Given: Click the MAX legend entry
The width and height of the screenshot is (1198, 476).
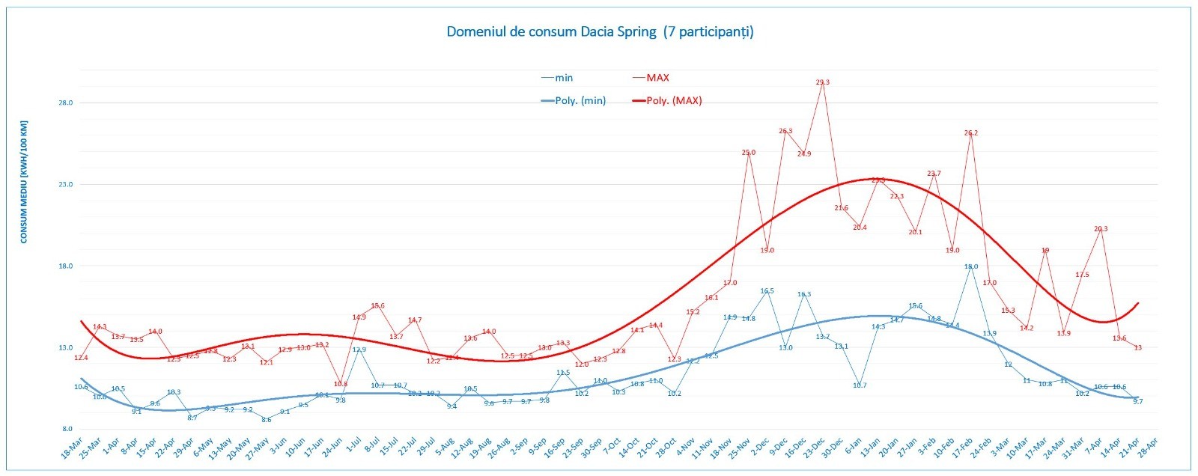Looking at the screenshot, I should coord(657,78).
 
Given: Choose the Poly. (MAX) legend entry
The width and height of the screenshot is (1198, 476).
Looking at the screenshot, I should coord(674,101).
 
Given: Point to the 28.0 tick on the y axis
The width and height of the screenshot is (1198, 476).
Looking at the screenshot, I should coord(66,103).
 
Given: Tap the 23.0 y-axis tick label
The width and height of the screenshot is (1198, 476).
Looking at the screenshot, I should coord(66,185).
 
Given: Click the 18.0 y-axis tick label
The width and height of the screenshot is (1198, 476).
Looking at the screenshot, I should coord(66,266).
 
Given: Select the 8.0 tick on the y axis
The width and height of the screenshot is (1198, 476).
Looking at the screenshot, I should coord(66,430).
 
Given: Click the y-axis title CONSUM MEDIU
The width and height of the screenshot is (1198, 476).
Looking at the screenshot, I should coord(24,182).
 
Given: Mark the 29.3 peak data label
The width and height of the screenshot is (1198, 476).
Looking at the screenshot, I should coord(822,82).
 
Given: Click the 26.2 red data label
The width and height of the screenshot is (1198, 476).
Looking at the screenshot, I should coord(971,133).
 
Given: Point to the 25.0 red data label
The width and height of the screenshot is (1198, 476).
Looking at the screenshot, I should coord(749,153).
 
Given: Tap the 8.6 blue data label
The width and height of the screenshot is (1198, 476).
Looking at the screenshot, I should coord(267,420).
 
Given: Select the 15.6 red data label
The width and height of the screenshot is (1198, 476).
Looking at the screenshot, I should coord(378,306).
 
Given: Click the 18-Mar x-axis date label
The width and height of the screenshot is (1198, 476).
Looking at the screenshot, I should coord(71,451).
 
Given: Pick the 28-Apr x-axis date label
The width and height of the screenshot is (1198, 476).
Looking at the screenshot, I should coord(1148,451).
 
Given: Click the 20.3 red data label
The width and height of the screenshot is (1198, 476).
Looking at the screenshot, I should coord(1101,230).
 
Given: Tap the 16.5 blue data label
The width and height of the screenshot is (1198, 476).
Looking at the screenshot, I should coord(767,291).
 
